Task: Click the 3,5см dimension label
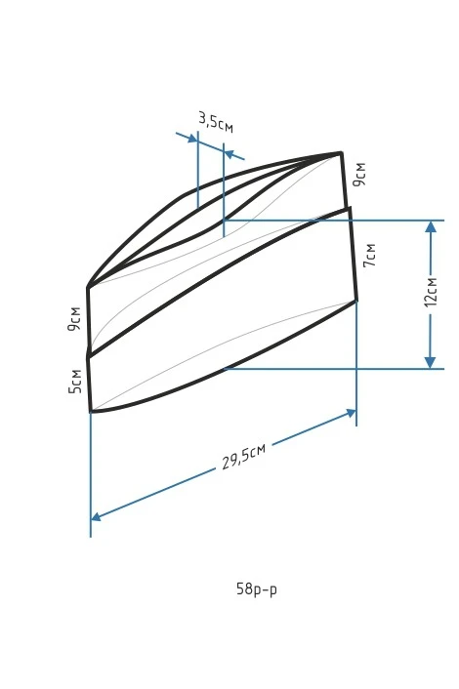pos(216,122)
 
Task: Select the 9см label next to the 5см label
pos(74,318)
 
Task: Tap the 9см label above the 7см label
pos(359,174)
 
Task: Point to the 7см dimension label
pos(369,255)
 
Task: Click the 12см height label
pos(432,292)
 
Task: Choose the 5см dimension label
pos(75,381)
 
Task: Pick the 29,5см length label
pos(243,457)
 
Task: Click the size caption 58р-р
pos(257,588)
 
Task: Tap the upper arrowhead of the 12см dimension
pos(431,226)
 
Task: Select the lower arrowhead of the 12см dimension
pos(431,362)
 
